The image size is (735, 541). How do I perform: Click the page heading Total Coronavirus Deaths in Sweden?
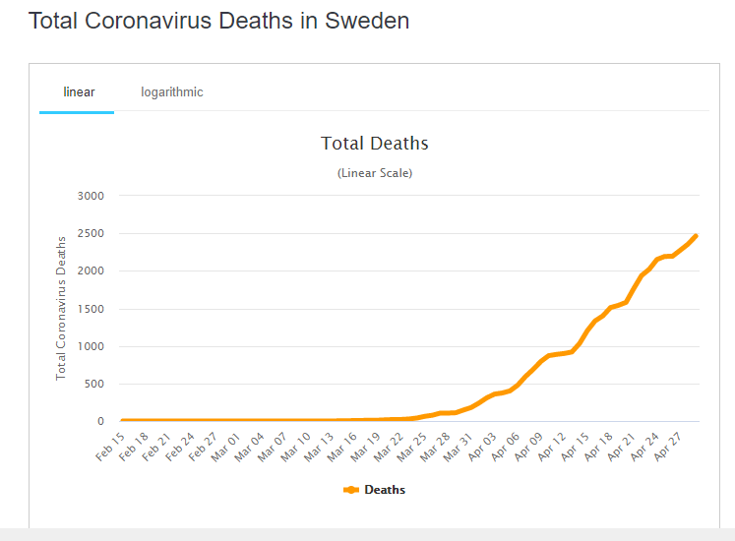(x=218, y=21)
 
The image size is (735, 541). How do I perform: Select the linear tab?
(x=79, y=92)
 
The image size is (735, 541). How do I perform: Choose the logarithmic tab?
(x=171, y=92)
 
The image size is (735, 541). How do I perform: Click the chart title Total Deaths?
(x=375, y=144)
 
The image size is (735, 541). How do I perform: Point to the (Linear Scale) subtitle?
(x=375, y=173)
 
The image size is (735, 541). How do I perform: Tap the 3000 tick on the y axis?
(x=90, y=196)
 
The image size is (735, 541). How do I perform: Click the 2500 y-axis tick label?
(x=90, y=233)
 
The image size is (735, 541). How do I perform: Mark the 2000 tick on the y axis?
(x=90, y=270)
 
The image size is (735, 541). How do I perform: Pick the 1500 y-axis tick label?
(x=90, y=309)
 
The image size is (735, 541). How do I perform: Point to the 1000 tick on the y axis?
(x=90, y=346)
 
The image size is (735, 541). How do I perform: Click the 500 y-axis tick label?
(x=93, y=384)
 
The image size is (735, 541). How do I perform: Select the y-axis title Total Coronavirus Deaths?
(x=61, y=308)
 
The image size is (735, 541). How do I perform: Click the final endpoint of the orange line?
(x=696, y=235)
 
